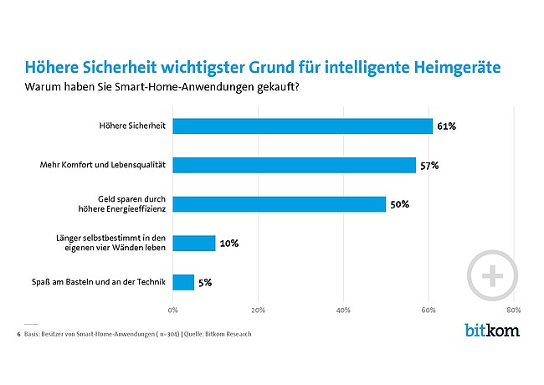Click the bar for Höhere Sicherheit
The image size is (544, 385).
pos(302,126)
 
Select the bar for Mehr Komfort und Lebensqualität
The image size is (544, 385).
pos(294,165)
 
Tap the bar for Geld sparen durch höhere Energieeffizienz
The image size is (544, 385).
pos(279,204)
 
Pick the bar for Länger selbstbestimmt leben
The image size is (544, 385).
pos(194,244)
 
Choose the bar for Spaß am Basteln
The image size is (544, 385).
pos(183,282)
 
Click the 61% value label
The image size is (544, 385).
pos(446,126)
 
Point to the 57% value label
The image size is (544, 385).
pos(429,166)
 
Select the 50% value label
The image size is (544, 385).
pos(399,204)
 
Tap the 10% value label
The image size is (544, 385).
pos(229,244)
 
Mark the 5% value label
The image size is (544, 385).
pos(206,283)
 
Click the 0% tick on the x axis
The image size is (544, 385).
pos(173,310)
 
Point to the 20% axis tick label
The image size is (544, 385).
pos(258,310)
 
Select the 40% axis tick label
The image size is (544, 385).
pos(343,310)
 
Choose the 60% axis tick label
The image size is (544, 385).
pos(429,310)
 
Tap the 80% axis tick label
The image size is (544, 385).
pos(514,310)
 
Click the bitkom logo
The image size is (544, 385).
pos(491,330)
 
